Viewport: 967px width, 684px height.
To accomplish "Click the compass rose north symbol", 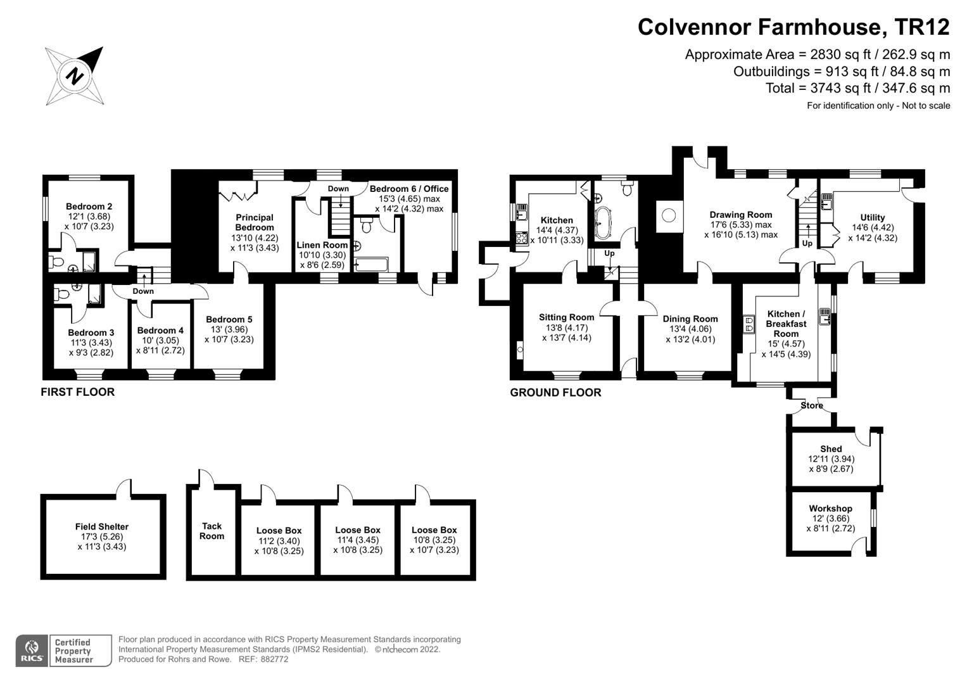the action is click(x=74, y=76).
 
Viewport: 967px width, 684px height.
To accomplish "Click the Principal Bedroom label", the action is click(x=255, y=222).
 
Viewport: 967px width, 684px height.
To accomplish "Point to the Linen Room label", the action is click(x=322, y=245).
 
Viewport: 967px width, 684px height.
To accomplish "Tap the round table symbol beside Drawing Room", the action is click(x=669, y=215).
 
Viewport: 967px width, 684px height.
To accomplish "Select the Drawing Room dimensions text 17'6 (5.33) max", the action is click(x=741, y=225).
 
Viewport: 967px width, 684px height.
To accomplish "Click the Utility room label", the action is click(x=873, y=217).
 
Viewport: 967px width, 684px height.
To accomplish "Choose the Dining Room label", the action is click(x=690, y=319).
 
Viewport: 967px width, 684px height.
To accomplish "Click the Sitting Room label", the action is click(x=566, y=317).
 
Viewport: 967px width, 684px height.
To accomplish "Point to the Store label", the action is click(x=812, y=405).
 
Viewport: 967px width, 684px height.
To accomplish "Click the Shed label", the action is click(x=831, y=449).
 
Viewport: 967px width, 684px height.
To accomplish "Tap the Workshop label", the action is click(x=831, y=508).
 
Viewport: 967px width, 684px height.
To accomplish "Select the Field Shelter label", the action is click(x=102, y=526).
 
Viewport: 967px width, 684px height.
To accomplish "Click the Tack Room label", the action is click(x=212, y=531).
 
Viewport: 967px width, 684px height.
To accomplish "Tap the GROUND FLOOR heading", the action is click(x=555, y=393).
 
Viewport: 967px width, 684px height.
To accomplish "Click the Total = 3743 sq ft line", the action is click(x=858, y=88).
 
